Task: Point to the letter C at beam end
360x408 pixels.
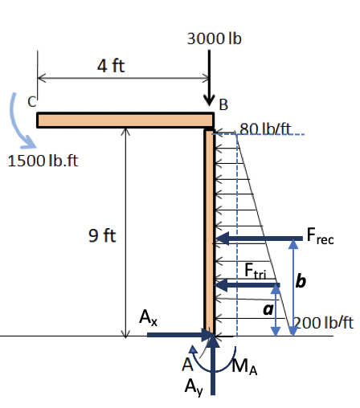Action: coord(31,102)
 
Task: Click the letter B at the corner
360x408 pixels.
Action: coord(223,104)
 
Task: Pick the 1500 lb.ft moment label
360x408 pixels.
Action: coord(45,161)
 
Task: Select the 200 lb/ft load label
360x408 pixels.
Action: coord(324,323)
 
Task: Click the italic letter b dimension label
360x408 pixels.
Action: coord(301,281)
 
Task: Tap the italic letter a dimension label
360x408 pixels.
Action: coord(268,308)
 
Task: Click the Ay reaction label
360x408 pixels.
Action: coord(190,388)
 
